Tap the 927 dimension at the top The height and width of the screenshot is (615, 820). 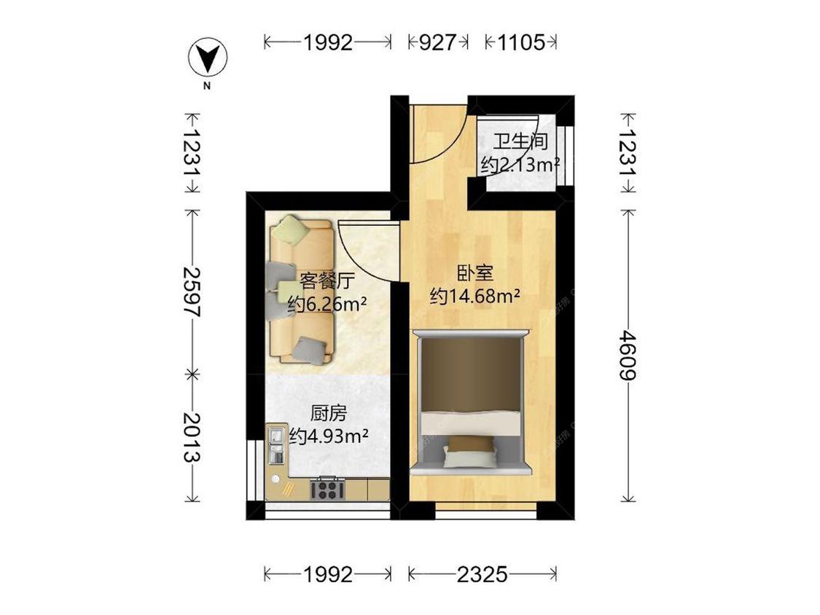[438, 42]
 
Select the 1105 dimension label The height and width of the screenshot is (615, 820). [522, 42]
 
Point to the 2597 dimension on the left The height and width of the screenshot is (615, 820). [192, 291]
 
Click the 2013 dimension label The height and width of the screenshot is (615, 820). [192, 437]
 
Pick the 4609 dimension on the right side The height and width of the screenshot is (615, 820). [627, 355]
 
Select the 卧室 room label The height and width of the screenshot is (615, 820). [475, 273]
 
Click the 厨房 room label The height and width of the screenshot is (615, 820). [328, 414]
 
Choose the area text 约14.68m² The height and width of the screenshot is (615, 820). [475, 297]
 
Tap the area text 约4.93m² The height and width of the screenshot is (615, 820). [328, 436]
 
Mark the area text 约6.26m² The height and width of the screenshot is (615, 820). [326, 304]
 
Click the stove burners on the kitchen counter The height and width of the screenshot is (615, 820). [327, 487]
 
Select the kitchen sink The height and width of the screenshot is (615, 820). [276, 447]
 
